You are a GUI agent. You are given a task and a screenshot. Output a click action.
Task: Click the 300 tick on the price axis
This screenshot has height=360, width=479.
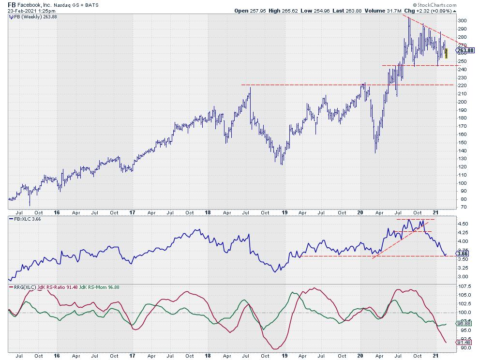463,20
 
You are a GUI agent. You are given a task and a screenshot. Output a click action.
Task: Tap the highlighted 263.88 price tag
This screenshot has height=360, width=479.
465,50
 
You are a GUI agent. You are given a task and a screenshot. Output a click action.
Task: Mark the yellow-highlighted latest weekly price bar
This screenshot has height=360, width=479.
446,53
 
